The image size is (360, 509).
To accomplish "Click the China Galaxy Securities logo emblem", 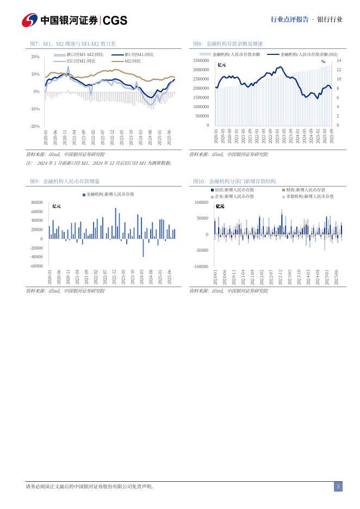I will point(29,20).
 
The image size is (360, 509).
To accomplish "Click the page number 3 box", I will point(338,487).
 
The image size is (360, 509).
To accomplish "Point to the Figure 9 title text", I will point(65,181).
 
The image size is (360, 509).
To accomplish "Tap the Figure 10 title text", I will point(234,181).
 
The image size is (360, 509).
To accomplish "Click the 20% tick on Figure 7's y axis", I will point(35,57).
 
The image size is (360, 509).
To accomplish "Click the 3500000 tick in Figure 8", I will point(201,60).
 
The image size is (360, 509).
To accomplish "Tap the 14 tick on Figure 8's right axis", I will point(339,60).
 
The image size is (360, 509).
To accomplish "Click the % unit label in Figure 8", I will point(323,61).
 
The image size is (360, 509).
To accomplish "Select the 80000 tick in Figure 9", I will point(37,202).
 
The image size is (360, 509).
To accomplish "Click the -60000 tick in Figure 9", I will point(36,266).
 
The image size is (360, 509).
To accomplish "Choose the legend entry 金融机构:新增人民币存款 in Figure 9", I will point(110,194).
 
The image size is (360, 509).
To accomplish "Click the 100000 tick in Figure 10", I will point(201,202).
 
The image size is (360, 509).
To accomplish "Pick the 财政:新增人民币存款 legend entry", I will point(306,190).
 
